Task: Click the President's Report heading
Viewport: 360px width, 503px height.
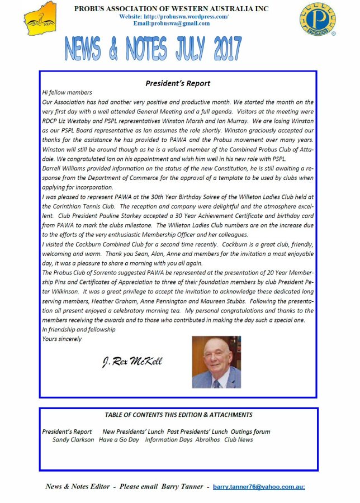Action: click(x=178, y=83)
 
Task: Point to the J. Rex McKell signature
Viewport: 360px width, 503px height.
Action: click(x=132, y=362)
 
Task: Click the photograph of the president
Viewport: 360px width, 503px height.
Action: click(x=216, y=362)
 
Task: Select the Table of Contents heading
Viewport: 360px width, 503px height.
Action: click(x=178, y=415)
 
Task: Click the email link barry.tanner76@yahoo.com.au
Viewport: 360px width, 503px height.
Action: click(x=259, y=487)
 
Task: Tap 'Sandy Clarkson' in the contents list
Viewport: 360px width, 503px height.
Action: click(x=73, y=440)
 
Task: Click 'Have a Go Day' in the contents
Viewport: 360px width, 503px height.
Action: click(x=119, y=440)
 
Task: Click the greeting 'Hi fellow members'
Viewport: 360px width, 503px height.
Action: click(x=67, y=92)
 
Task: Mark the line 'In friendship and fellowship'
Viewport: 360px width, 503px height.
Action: click(x=79, y=330)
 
